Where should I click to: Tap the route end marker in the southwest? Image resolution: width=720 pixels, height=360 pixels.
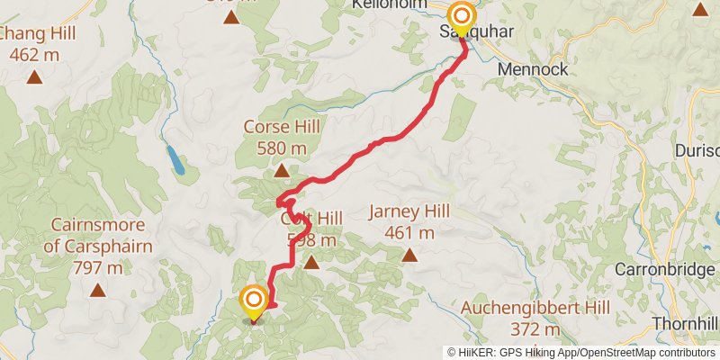pos(254,301)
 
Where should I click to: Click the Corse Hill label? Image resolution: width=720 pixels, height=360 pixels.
pos(282,127)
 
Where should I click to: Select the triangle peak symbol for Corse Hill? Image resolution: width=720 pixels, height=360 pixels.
pos(282,170)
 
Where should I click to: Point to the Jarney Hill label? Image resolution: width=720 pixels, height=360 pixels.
pos(409,212)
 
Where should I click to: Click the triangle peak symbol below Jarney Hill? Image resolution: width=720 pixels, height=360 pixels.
pos(409,256)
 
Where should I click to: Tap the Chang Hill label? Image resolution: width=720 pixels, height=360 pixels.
pos(36,34)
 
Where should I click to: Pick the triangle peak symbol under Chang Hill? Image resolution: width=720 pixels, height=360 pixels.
pos(34,77)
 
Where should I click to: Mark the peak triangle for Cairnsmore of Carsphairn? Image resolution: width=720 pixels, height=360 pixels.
pos(96,290)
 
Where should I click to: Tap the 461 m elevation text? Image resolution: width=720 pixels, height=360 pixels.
pos(409,233)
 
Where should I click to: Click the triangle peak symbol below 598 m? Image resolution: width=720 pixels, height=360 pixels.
pos(311,263)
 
